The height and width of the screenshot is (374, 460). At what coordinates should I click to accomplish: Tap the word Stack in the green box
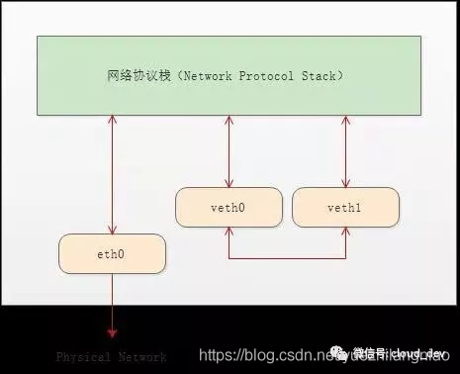[x=320, y=75]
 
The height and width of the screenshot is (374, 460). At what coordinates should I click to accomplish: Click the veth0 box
[x=229, y=208]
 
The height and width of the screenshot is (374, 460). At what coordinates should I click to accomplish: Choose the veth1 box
[x=345, y=208]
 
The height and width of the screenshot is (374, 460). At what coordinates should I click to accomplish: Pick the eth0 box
[x=112, y=254]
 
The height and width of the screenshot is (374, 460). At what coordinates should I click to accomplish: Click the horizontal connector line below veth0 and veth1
[x=287, y=259]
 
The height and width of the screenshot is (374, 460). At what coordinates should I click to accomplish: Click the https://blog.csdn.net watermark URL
[x=267, y=354]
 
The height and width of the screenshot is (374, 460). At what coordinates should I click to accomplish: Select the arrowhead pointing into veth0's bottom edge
[x=229, y=233]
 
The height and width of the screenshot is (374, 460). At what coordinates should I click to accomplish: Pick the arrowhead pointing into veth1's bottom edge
[x=345, y=233]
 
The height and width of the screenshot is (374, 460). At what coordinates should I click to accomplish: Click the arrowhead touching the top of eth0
[x=112, y=230]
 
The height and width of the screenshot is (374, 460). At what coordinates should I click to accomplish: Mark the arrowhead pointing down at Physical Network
[x=112, y=332]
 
